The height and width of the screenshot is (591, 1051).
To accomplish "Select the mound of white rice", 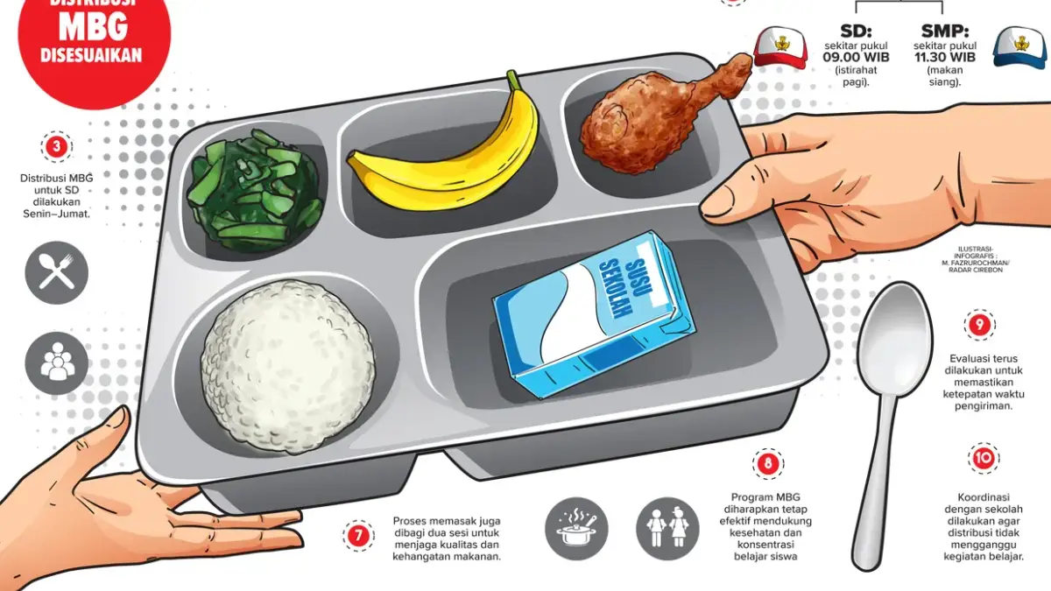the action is click(287, 367).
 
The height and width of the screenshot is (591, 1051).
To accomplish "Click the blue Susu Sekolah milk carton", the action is click(594, 314).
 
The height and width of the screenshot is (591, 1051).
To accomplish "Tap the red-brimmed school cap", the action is click(780, 47).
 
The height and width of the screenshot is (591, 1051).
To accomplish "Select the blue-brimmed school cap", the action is click(1019, 47).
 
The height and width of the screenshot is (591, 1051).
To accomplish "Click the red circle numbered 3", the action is click(57, 147).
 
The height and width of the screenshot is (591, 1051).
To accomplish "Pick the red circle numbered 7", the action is click(359, 536).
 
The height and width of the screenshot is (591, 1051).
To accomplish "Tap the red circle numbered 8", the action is click(768, 464).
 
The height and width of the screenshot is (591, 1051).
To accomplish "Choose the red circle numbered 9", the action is click(980, 325).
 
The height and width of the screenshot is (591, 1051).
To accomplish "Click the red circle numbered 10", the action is click(984, 458).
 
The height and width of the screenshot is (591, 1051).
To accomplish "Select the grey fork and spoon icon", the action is click(57, 272).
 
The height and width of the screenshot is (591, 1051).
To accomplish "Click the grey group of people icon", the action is click(57, 363).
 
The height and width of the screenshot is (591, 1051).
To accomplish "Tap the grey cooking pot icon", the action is click(576, 529).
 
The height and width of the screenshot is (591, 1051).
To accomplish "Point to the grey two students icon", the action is click(667, 529).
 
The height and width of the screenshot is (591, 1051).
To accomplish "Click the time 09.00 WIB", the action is click(856, 57).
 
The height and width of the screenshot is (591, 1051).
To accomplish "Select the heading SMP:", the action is click(945, 31).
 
